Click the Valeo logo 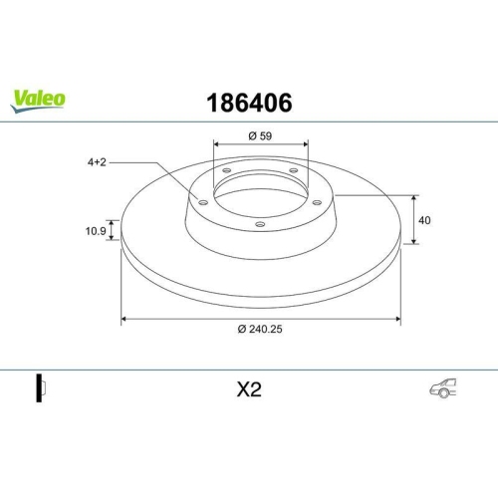point(39,98)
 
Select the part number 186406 point(248,102)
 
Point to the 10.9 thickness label point(96,231)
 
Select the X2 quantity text point(248,390)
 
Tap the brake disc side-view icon point(41,389)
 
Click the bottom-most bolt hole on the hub point(261,224)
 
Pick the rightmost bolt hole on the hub point(318,202)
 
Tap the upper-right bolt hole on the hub point(294,171)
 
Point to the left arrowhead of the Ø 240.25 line point(124,319)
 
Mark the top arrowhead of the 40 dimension point(414,197)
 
